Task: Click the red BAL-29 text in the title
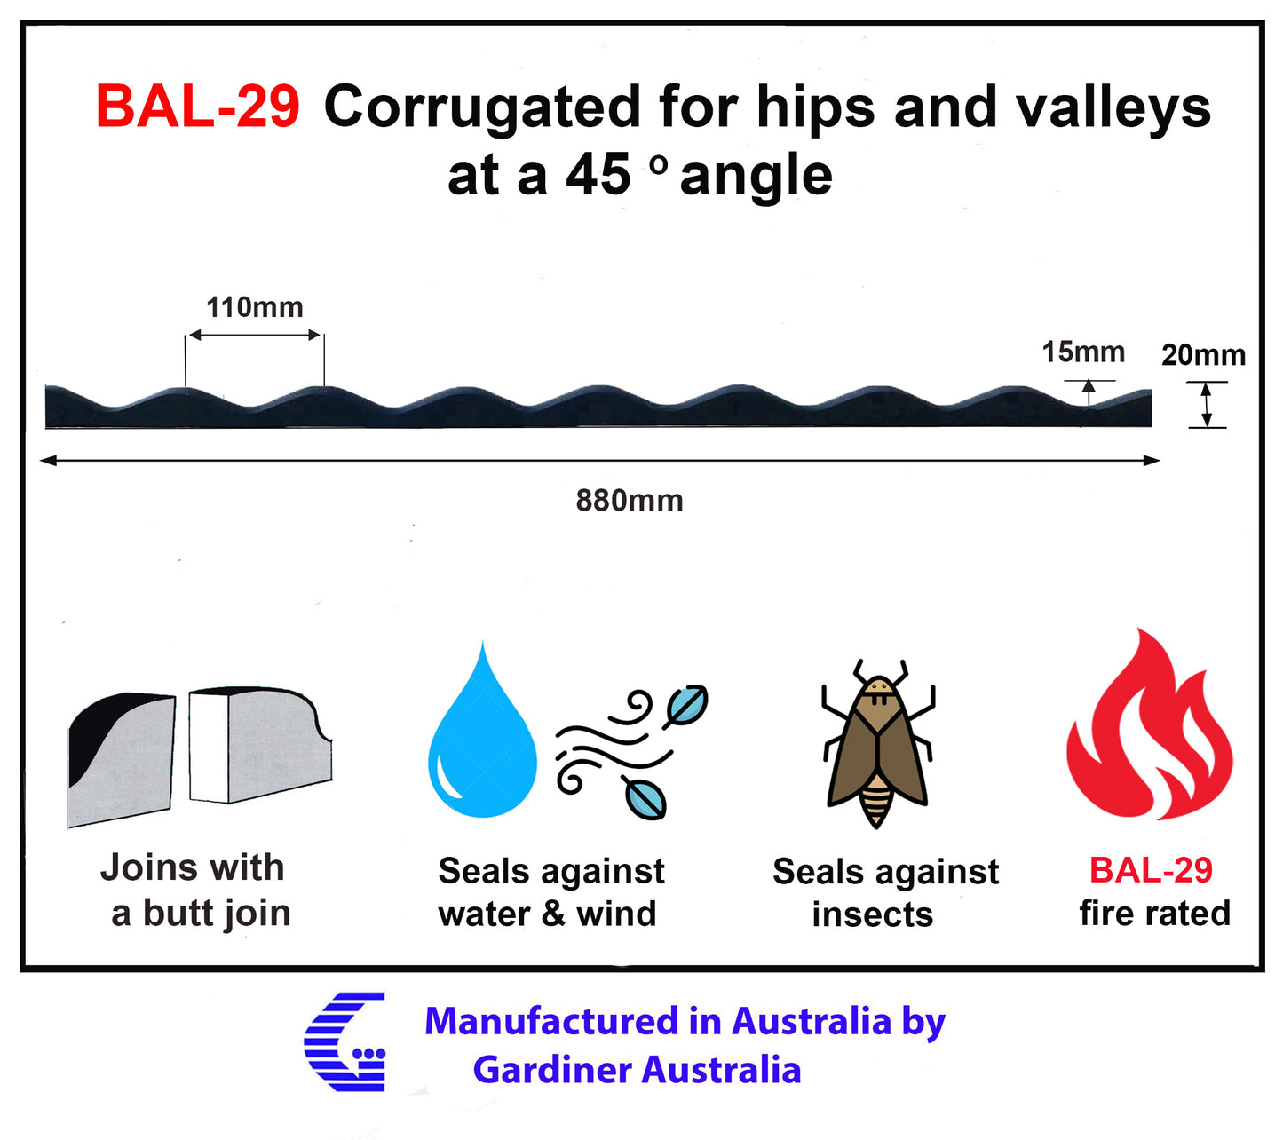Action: [x=197, y=107]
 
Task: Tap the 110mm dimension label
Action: [x=255, y=307]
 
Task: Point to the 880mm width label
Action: [x=630, y=501]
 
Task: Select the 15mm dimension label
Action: [x=1082, y=352]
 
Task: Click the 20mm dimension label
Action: [x=1203, y=355]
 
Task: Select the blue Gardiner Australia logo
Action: [x=346, y=1041]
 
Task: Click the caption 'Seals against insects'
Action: [x=884, y=892]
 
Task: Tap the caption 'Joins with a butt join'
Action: [x=195, y=890]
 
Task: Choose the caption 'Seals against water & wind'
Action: [x=550, y=892]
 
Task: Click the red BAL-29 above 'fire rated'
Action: [x=1151, y=870]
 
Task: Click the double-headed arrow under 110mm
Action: [x=254, y=335]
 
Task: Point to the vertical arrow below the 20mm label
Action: [x=1206, y=405]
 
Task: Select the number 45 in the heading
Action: [x=598, y=175]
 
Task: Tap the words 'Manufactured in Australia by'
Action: [x=685, y=1021]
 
